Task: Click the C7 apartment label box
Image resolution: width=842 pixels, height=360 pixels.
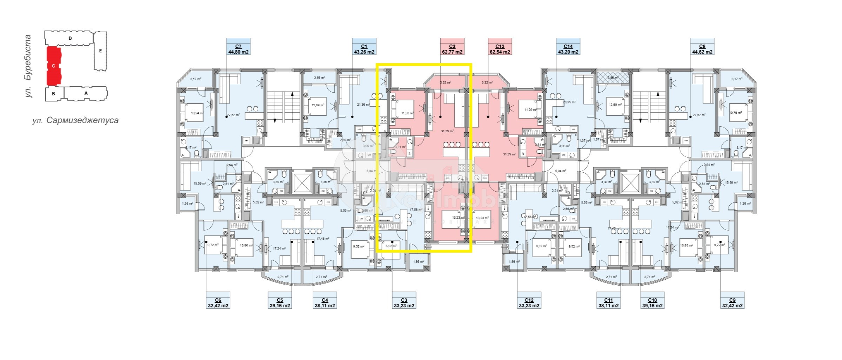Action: [x=238, y=49]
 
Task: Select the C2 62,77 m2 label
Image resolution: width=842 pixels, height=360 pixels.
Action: [x=452, y=49]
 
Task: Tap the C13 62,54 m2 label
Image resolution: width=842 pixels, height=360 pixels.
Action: [x=500, y=49]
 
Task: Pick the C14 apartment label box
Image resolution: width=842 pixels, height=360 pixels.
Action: [x=568, y=49]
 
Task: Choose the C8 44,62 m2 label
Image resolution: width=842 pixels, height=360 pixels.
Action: [x=702, y=49]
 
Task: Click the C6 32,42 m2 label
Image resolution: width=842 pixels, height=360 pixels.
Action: [x=218, y=303]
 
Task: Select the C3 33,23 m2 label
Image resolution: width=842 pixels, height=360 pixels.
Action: [x=404, y=303]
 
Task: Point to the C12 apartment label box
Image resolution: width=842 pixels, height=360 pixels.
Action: [x=529, y=303]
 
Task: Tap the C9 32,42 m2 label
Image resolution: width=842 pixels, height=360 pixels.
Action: [x=732, y=303]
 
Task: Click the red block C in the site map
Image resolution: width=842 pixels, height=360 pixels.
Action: [x=53, y=66]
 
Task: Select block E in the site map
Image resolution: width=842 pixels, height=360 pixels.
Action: [x=100, y=51]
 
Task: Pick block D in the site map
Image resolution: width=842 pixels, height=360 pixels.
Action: [x=70, y=38]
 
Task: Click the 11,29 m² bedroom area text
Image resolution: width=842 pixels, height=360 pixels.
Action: [x=530, y=110]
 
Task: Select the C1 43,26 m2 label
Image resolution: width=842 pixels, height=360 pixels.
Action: [x=364, y=49]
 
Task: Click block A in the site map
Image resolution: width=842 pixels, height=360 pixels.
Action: [x=86, y=93]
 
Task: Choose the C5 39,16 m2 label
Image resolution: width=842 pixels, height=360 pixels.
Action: [x=280, y=303]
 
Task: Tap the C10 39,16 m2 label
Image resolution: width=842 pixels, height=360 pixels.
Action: [x=652, y=303]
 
